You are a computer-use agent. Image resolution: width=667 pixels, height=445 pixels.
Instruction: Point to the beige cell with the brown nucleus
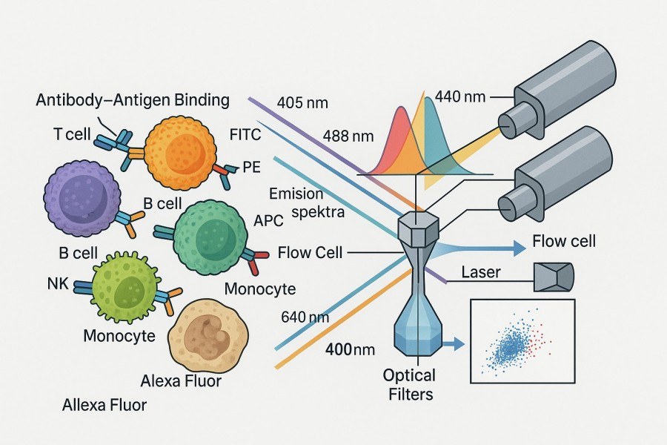202,337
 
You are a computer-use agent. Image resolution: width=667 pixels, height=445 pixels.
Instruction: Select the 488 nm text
348,136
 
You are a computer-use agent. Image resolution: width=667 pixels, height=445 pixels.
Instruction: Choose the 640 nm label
305,317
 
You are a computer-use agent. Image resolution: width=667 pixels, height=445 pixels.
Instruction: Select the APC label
269,220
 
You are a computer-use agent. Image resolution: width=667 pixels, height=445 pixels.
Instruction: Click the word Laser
481,272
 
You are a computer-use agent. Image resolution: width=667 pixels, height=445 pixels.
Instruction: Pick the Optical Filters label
409,384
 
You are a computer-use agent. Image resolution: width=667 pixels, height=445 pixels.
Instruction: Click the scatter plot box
522,341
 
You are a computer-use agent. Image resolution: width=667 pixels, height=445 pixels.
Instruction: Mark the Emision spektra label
296,202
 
